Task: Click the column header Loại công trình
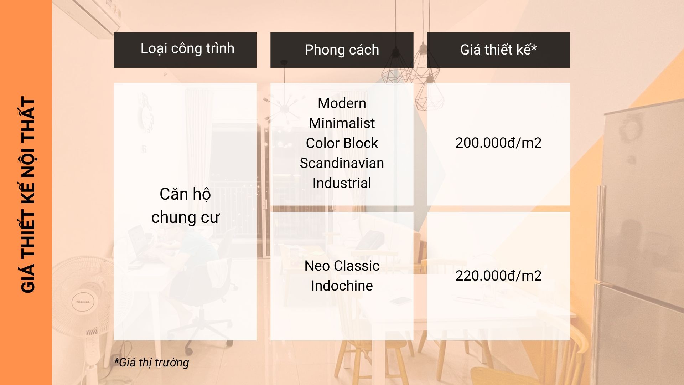coord(187,49)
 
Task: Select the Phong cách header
coord(342,50)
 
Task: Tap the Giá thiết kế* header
coord(498,50)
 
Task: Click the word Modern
coord(342,103)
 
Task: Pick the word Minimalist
coord(342,123)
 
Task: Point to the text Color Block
coord(342,143)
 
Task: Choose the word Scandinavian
coord(342,163)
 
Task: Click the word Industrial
coord(342,183)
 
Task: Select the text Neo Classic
coord(342,266)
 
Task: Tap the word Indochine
coord(342,286)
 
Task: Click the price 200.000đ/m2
coord(498,143)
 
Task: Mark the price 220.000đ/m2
coord(498,276)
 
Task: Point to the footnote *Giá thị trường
coord(151,363)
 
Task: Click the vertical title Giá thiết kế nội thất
coord(28,195)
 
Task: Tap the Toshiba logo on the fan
coord(83,302)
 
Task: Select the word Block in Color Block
coord(361,143)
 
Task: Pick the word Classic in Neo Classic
coord(357,266)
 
